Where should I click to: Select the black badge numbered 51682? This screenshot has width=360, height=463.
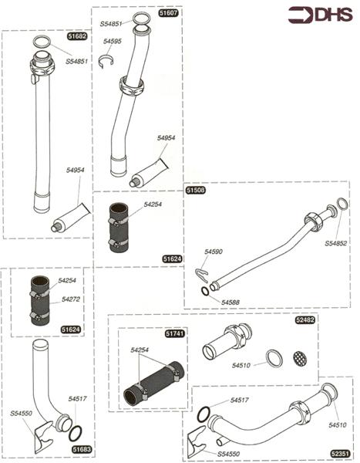(x=77, y=36)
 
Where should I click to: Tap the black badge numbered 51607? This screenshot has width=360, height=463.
(x=168, y=13)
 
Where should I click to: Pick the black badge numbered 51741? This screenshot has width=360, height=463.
(x=175, y=333)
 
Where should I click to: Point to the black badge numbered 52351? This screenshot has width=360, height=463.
(x=339, y=454)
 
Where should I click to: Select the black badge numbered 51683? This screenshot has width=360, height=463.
(x=82, y=448)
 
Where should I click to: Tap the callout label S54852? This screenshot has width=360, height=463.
(x=335, y=243)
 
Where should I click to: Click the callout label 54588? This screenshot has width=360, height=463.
(x=231, y=302)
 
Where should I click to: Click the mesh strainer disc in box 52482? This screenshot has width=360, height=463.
(x=298, y=358)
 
